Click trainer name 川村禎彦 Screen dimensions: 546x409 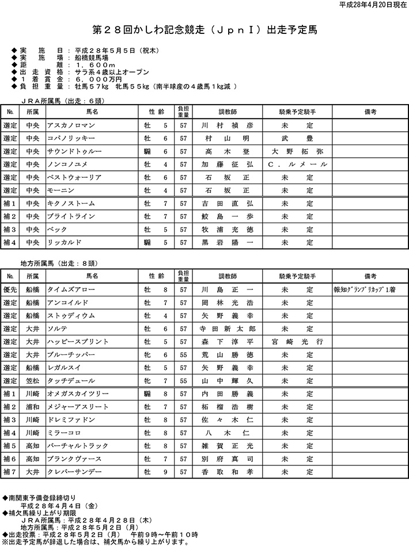(226, 125)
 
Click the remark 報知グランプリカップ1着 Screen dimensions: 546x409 (365, 289)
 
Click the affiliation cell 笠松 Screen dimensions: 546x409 (33, 380)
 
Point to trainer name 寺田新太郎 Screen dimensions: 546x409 (226, 329)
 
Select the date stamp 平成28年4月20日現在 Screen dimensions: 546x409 (373, 5)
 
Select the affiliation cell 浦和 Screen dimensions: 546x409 (33, 407)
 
